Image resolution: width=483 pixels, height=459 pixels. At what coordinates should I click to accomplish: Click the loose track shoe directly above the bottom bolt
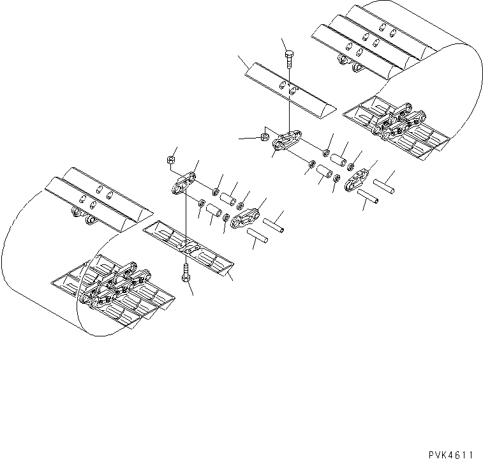[189, 250]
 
